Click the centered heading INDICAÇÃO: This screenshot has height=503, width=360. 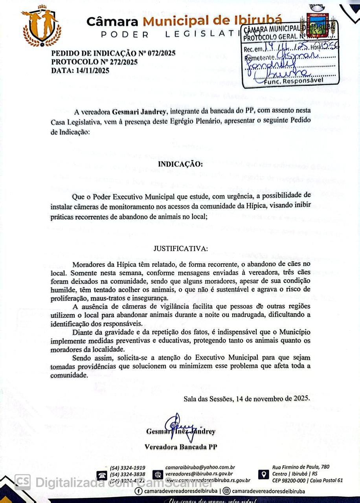(x=180, y=163)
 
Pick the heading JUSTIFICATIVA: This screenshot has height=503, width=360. (x=180, y=248)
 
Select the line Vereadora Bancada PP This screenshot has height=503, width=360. (x=181, y=447)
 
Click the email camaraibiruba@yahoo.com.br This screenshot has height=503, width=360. (x=200, y=467)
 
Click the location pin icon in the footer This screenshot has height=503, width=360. (x=264, y=474)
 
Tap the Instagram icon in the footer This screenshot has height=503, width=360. (x=226, y=491)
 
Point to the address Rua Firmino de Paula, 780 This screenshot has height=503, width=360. (x=301, y=467)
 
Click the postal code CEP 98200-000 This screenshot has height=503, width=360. (x=289, y=480)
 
